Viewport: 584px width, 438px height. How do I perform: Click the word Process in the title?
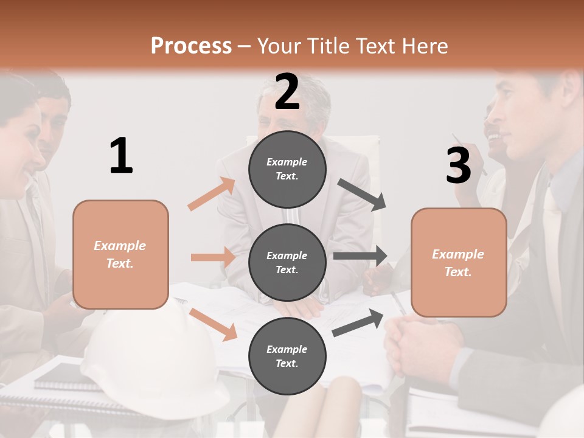coord(191,46)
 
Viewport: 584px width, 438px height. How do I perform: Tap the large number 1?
coord(121,156)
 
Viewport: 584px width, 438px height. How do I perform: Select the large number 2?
coord(287,91)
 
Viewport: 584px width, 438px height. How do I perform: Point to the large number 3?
coord(458,165)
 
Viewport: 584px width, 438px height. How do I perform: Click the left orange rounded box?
coord(120,254)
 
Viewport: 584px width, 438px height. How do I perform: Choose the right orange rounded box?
coord(459,262)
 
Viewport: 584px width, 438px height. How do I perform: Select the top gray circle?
coord(287,169)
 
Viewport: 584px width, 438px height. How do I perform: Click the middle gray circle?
coord(287,262)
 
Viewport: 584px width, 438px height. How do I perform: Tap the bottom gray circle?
coord(287,356)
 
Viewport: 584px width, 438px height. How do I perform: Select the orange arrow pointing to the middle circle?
coord(213,257)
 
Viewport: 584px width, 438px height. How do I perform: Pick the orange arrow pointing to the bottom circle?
coord(214,324)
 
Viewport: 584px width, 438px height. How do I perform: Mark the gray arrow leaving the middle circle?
coord(360,256)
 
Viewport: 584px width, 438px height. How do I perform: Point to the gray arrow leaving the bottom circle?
coord(358,322)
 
